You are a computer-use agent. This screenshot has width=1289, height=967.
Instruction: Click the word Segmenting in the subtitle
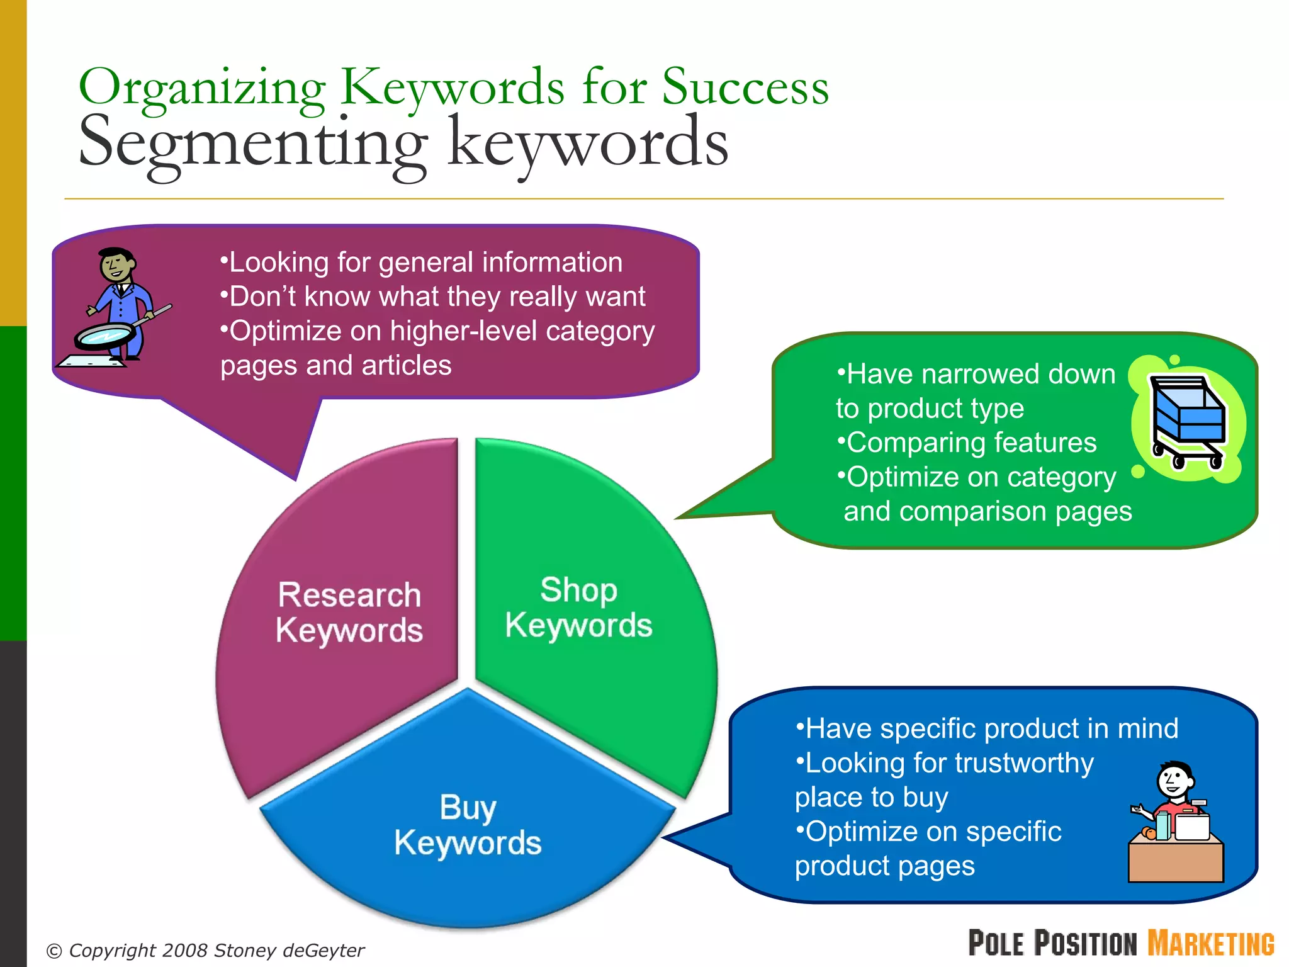point(252,144)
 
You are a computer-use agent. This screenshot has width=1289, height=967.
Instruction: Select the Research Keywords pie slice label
point(349,613)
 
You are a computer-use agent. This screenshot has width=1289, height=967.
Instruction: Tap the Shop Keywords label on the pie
point(578,608)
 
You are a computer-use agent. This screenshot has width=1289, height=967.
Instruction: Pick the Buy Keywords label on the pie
point(468,825)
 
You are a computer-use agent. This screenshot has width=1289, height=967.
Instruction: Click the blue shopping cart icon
point(1187,419)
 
